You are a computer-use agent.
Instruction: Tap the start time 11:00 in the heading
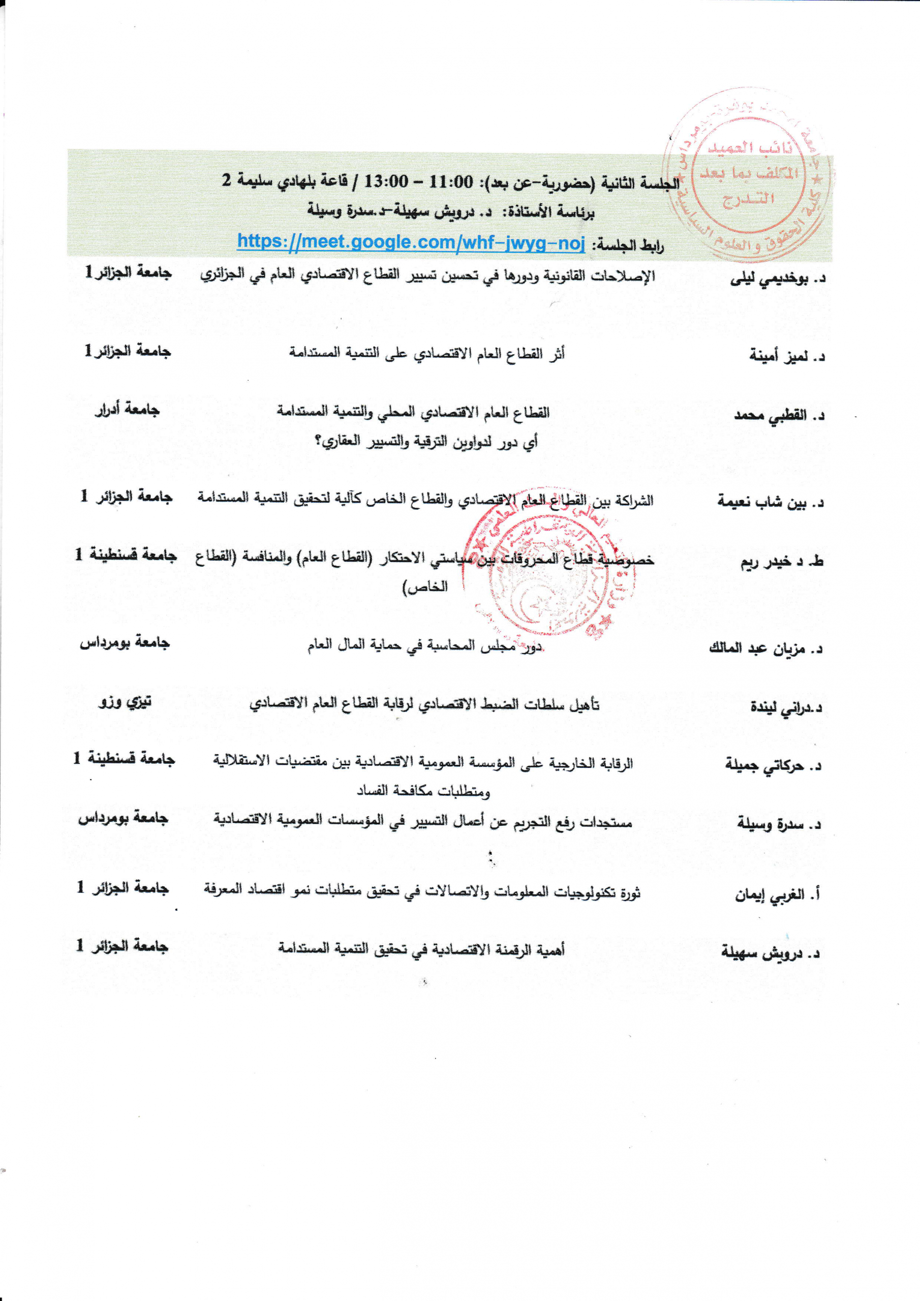coord(451,182)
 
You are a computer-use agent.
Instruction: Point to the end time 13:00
coord(385,182)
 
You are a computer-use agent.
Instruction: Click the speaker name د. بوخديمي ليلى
coord(777,279)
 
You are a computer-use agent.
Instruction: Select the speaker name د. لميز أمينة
coord(787,356)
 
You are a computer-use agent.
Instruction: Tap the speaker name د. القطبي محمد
coord(779,416)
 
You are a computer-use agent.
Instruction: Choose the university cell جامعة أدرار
coord(127,409)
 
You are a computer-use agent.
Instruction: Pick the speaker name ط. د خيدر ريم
coord(782,562)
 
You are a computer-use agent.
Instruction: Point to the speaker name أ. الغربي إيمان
coord(778,895)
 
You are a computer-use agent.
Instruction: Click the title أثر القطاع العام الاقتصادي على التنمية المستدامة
coord(426,354)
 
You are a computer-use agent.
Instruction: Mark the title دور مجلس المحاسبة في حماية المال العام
coord(425,645)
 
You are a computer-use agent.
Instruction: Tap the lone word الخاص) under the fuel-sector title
coord(425,587)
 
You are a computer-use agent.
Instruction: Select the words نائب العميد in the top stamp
coord(749,147)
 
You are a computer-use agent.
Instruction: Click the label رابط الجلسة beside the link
coord(628,245)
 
